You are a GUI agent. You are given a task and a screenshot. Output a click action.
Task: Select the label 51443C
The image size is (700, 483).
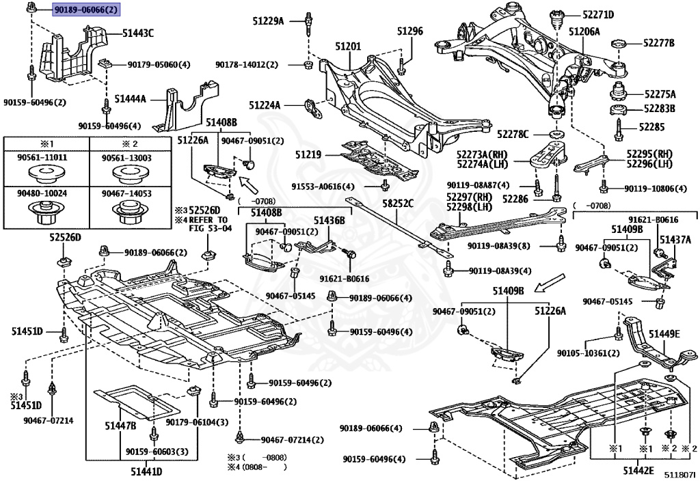(x=138, y=32)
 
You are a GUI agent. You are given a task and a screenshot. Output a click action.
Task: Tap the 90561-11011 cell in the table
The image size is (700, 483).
(x=45, y=158)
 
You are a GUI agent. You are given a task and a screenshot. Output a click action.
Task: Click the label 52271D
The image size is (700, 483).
(x=598, y=14)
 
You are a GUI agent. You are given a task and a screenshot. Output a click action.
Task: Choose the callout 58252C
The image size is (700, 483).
(x=397, y=204)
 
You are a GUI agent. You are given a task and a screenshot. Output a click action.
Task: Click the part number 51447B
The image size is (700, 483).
(x=120, y=426)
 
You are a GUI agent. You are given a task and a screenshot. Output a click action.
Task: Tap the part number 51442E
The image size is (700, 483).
(x=638, y=471)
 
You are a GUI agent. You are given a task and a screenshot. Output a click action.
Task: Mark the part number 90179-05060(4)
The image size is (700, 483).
(x=159, y=64)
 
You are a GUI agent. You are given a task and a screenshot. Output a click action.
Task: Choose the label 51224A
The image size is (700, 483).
(x=265, y=105)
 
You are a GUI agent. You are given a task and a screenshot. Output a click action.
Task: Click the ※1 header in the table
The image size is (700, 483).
(x=45, y=144)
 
